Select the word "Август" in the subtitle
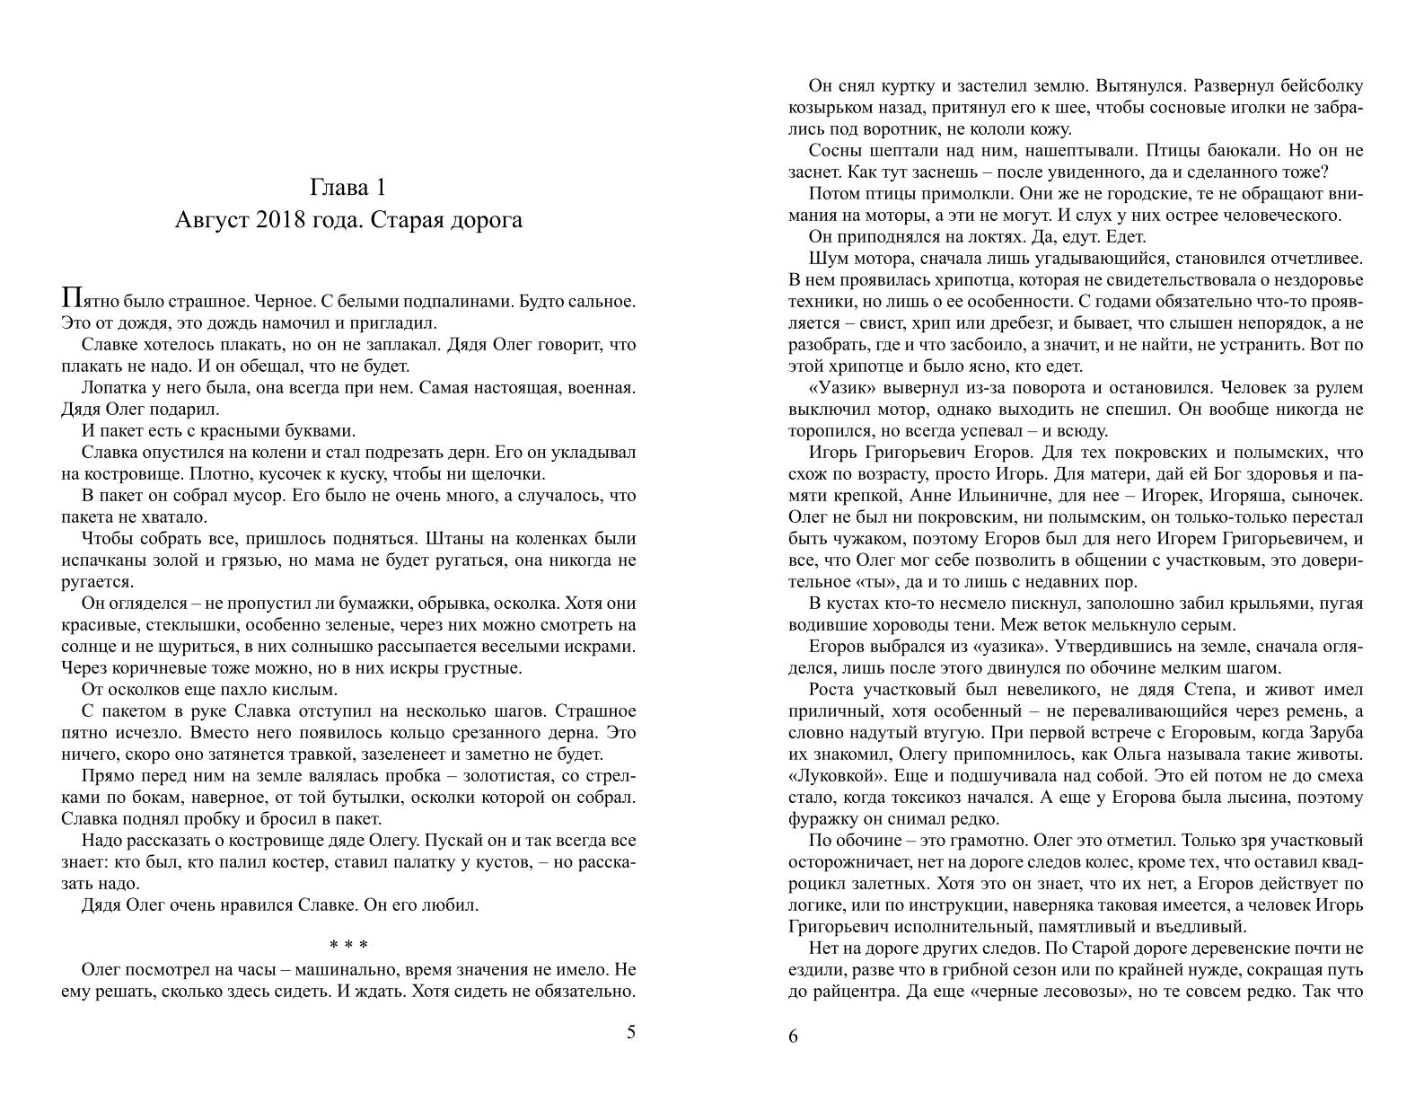click(213, 219)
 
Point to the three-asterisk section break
click(347, 946)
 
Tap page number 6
click(793, 1037)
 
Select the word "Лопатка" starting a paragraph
click(112, 388)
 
